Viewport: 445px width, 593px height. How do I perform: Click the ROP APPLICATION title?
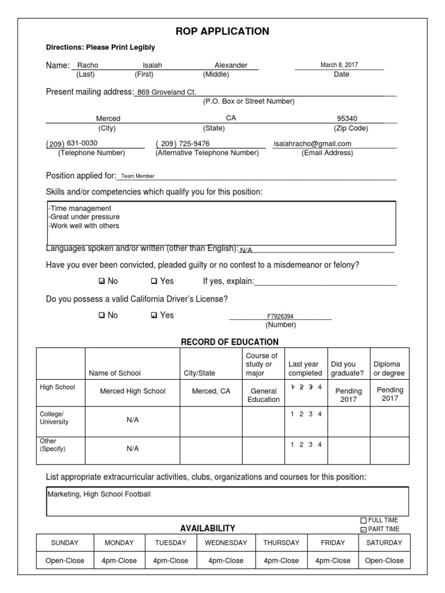(222, 31)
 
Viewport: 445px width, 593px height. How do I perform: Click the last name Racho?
(87, 65)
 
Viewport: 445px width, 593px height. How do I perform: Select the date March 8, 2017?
(339, 65)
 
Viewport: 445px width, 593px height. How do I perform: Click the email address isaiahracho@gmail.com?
(312, 144)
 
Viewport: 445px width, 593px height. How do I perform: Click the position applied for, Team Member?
(138, 176)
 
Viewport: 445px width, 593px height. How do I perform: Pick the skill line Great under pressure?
(85, 217)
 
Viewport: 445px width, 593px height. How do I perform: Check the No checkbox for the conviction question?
(102, 281)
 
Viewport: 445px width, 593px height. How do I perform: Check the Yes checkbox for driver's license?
(154, 316)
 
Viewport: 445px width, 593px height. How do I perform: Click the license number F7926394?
(280, 317)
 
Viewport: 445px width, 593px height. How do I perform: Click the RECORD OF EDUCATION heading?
(229, 342)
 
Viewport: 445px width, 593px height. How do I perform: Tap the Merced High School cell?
(133, 391)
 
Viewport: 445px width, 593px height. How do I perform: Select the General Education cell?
(264, 395)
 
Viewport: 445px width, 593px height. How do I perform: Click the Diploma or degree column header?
(389, 369)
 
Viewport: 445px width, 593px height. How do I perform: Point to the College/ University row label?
(53, 418)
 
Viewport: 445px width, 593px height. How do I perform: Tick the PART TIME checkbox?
(363, 529)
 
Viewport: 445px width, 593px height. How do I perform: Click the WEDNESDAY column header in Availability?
(225, 543)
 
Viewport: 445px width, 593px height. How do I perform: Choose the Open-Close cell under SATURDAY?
(384, 561)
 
